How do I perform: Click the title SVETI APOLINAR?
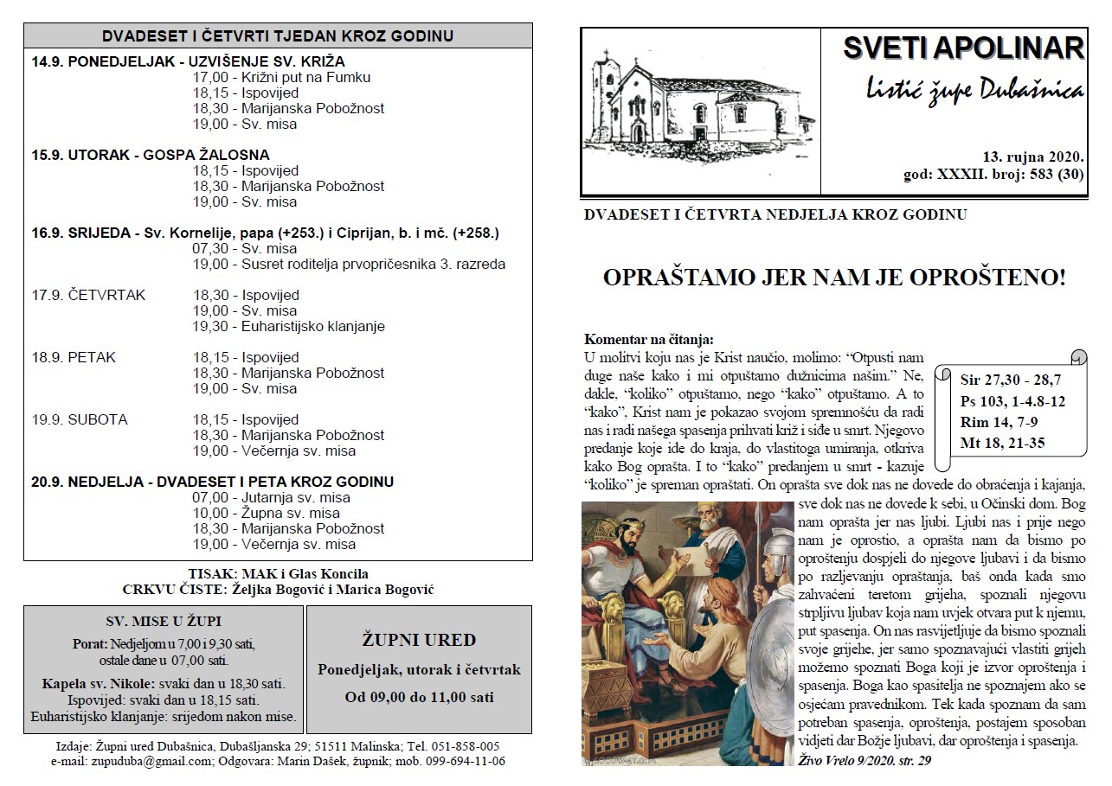[x=963, y=48]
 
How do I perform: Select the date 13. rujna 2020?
[x=1033, y=157]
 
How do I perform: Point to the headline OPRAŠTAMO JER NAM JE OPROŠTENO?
[x=833, y=278]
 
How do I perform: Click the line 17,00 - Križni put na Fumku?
[x=281, y=77]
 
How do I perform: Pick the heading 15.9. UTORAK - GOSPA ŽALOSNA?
[x=151, y=155]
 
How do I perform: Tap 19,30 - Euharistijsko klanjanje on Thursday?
[x=288, y=326]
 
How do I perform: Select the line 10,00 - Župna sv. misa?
[x=266, y=513]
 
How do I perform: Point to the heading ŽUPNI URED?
[x=419, y=641]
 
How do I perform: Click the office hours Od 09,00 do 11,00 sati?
[x=419, y=697]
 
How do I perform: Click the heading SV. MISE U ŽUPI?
[x=164, y=622]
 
